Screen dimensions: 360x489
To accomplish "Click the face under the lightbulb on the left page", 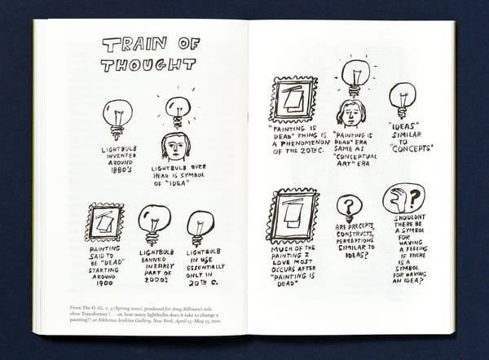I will click(x=175, y=147).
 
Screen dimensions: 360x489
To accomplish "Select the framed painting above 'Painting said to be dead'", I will click(x=104, y=222).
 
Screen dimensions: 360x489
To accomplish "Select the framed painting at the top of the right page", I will click(x=293, y=99).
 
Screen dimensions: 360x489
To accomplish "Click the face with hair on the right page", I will click(x=350, y=113).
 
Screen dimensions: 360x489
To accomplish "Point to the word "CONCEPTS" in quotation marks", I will click(x=411, y=148).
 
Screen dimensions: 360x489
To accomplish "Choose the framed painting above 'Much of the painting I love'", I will click(x=293, y=216).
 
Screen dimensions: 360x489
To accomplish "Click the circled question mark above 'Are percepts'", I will click(x=350, y=207).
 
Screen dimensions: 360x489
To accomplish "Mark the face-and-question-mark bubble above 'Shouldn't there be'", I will click(x=403, y=198).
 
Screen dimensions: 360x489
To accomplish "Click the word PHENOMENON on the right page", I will click(x=299, y=143).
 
